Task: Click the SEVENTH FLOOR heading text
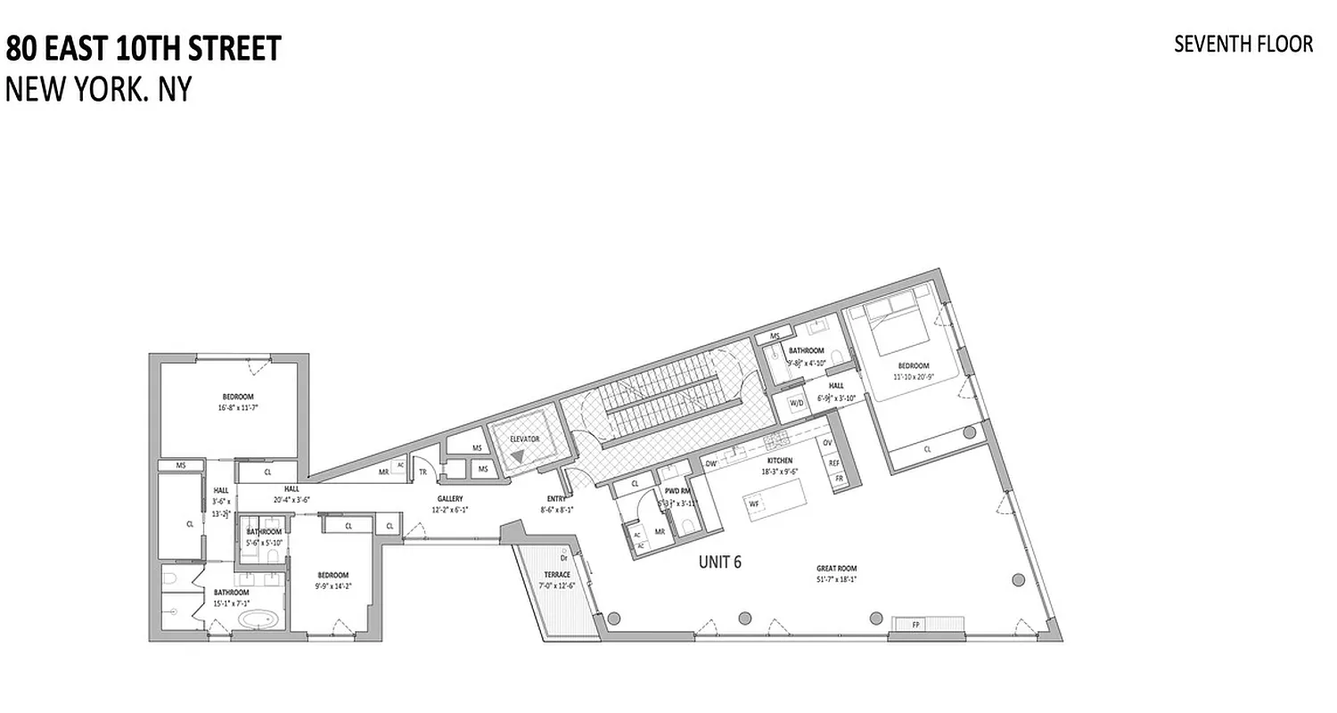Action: point(1243,45)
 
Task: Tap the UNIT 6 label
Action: point(719,561)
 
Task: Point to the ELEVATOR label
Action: point(524,439)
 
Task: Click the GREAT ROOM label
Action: point(836,568)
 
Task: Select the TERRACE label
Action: point(557,575)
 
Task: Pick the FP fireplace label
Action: point(915,625)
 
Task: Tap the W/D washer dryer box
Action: point(797,403)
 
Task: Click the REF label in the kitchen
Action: point(834,463)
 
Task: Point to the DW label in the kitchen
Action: point(711,463)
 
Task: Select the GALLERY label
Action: point(450,499)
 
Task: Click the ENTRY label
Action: point(556,499)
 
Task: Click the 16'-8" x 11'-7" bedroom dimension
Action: point(238,407)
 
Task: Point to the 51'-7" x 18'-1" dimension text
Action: point(836,578)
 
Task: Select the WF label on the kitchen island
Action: point(754,504)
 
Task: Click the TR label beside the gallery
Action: point(422,472)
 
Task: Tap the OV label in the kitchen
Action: point(827,443)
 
